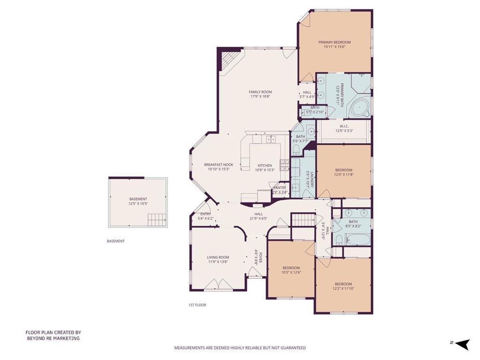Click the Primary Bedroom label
click(x=335, y=42)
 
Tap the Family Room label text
click(x=260, y=92)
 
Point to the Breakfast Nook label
click(x=218, y=165)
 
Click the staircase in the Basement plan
click(x=157, y=219)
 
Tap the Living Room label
click(x=218, y=257)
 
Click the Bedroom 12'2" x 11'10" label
click(x=343, y=284)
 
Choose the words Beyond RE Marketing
click(x=52, y=338)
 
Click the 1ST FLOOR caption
click(x=194, y=305)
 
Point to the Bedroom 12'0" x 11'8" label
click(x=344, y=170)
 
